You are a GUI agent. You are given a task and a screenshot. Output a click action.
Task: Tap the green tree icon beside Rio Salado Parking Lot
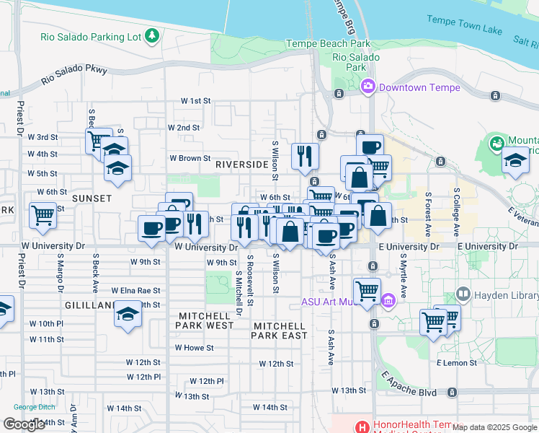[151, 35]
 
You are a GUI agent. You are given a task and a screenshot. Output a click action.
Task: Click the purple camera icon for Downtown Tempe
[368, 87]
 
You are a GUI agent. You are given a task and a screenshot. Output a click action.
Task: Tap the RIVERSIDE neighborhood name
[241, 165]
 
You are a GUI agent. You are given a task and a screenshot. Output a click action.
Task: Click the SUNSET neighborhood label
[92, 198]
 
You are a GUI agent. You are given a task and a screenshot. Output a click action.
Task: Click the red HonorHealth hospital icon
[362, 426]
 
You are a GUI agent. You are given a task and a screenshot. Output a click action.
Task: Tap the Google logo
[24, 424]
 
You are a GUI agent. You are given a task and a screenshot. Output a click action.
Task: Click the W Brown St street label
[190, 158]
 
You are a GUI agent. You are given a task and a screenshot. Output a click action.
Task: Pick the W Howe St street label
[195, 347]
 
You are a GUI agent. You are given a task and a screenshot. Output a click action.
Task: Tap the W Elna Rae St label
[140, 290]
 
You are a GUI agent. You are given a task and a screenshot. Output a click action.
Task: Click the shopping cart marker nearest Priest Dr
[43, 214]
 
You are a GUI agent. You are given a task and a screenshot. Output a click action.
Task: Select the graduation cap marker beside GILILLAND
[128, 315]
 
